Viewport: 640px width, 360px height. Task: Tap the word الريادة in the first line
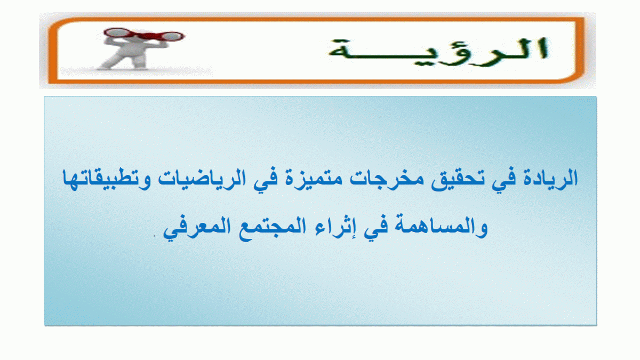click(x=550, y=179)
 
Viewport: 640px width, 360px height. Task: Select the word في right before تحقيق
click(x=505, y=179)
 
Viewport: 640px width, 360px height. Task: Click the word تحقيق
click(x=458, y=179)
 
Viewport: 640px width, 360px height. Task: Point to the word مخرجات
click(x=387, y=179)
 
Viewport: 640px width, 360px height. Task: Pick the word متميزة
click(x=314, y=179)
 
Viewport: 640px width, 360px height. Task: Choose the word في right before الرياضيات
click(x=266, y=179)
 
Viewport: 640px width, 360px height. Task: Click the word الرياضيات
click(x=202, y=179)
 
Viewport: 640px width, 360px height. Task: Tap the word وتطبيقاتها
click(x=107, y=179)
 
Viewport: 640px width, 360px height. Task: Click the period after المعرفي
click(x=155, y=236)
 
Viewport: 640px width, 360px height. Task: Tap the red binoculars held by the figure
click(x=145, y=35)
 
